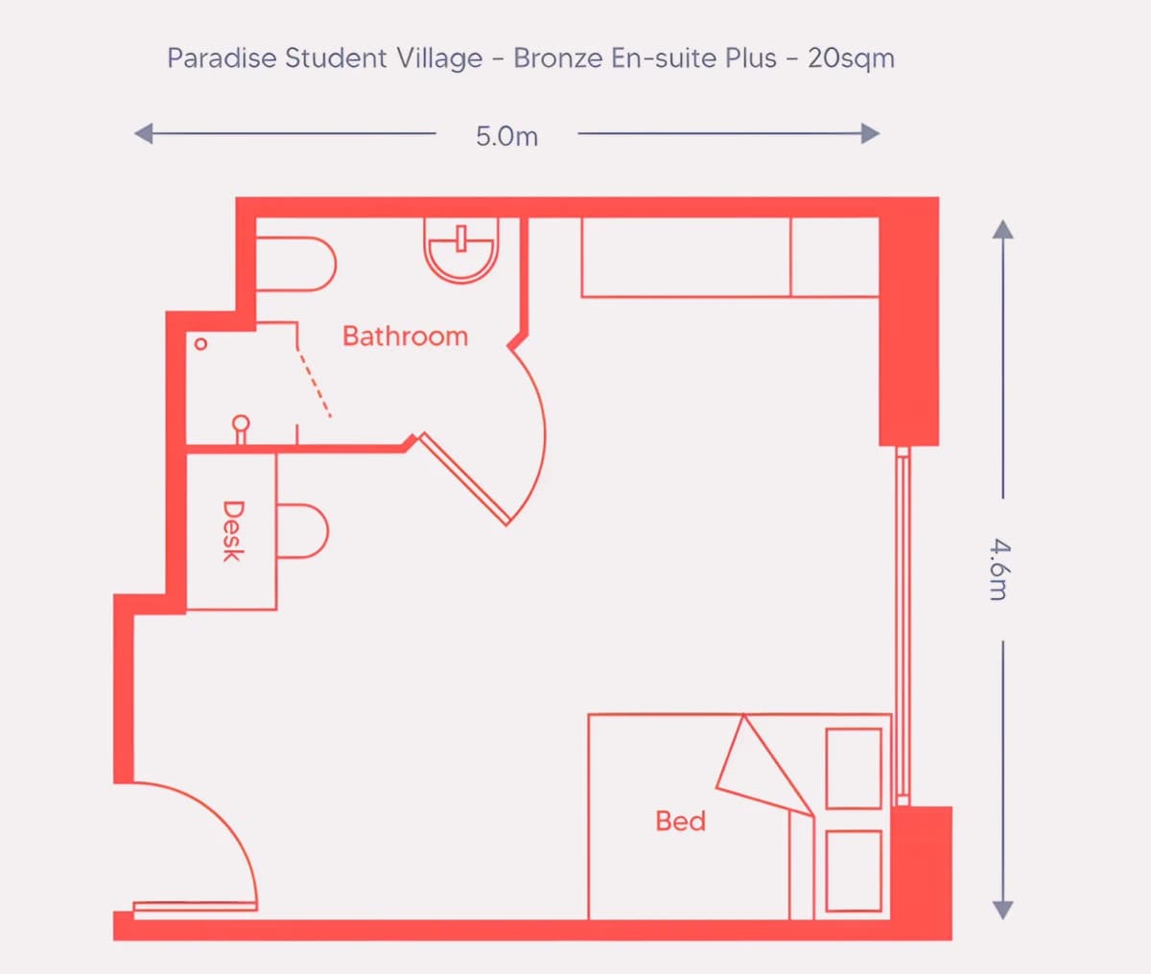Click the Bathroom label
[405, 336]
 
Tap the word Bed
[680, 821]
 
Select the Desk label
[232, 530]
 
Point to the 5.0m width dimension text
[506, 136]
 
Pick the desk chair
[305, 530]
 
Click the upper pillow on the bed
[854, 768]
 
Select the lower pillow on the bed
[854, 870]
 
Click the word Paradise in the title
[222, 58]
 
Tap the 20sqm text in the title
[851, 58]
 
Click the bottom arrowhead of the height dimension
[1002, 910]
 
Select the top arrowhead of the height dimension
[1002, 229]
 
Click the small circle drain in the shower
[200, 343]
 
